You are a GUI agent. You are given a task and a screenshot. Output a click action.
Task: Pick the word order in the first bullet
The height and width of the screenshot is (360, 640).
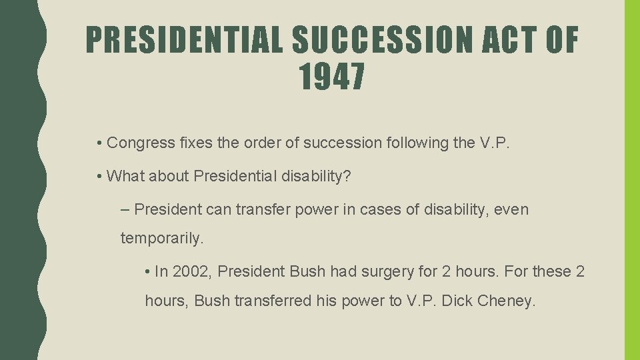click(251, 143)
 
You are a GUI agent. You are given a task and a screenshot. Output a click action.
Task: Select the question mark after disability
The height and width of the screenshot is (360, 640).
click(348, 176)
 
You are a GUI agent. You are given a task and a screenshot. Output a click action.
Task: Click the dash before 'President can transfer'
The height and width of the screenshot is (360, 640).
click(127, 209)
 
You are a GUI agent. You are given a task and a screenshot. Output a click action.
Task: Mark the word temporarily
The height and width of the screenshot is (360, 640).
click(161, 238)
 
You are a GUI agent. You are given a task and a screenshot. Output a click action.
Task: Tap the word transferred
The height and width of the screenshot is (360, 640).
click(273, 301)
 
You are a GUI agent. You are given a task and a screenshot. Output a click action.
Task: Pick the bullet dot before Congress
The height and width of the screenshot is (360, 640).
click(98, 143)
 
